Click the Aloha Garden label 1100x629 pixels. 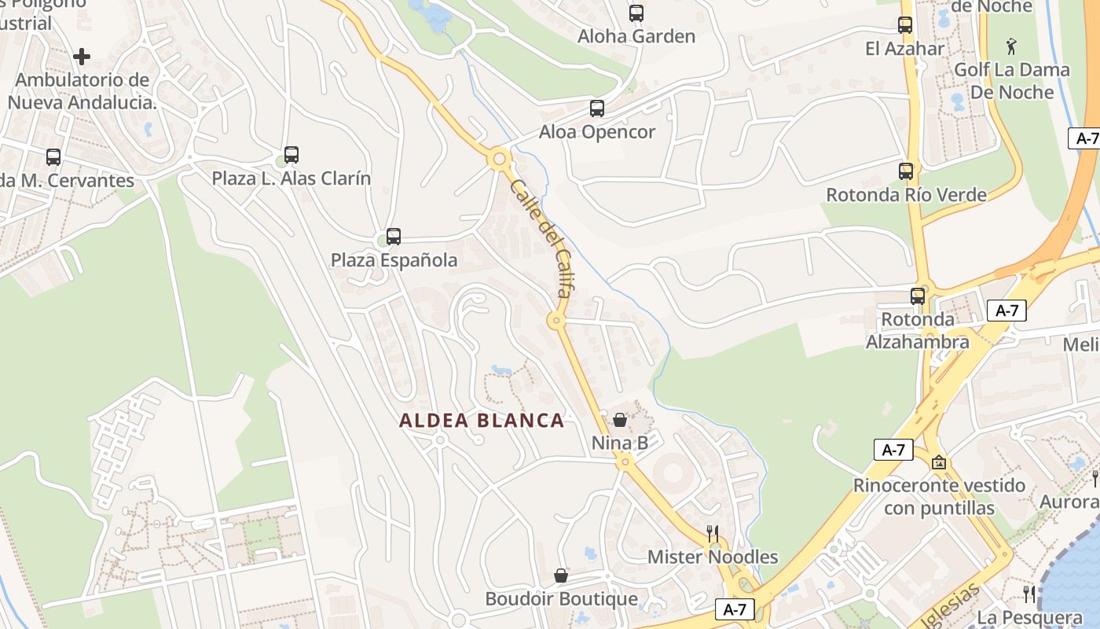click(x=636, y=36)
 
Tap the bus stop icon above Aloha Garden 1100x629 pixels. click(x=636, y=13)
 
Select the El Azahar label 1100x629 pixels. click(x=905, y=49)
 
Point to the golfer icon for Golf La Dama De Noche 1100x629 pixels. click(x=1011, y=46)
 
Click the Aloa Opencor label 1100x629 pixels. click(x=597, y=131)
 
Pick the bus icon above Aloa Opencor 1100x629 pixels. click(x=597, y=109)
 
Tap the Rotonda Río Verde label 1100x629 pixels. click(x=906, y=194)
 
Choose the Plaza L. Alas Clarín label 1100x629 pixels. click(x=291, y=178)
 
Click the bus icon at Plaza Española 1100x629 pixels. click(x=394, y=236)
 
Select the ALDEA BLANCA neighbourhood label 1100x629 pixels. click(x=482, y=421)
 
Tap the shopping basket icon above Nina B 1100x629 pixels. click(x=620, y=420)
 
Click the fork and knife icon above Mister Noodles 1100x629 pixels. click(x=713, y=534)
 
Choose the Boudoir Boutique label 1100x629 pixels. click(x=561, y=599)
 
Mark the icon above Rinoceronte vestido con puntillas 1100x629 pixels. click(x=939, y=462)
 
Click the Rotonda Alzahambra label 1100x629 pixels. click(x=918, y=331)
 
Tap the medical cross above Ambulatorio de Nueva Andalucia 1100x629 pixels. click(x=82, y=57)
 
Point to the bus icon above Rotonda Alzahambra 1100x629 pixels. click(x=918, y=296)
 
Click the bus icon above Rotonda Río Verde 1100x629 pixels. click(x=906, y=171)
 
